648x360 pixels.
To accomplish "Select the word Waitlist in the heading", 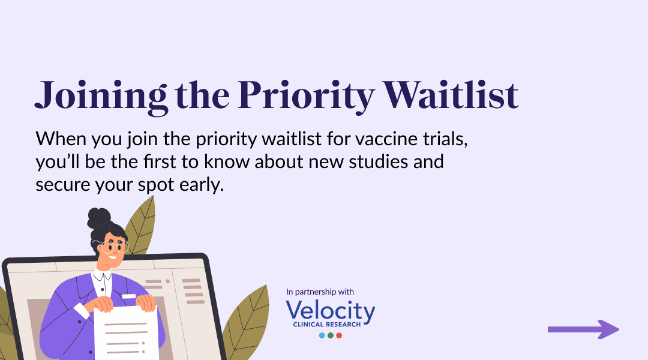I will tap(451, 94).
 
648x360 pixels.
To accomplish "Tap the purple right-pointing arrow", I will tap(583, 329).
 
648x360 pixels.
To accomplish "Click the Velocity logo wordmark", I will tap(331, 311).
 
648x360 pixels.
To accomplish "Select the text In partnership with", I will tap(320, 292).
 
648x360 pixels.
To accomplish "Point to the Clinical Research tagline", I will tap(327, 325).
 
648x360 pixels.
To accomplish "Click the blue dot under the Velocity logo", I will tap(322, 335).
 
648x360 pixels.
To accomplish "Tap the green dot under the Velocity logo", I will tap(331, 335).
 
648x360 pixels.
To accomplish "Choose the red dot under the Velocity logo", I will tap(339, 335).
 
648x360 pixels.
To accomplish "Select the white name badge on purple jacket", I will tap(128, 296).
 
